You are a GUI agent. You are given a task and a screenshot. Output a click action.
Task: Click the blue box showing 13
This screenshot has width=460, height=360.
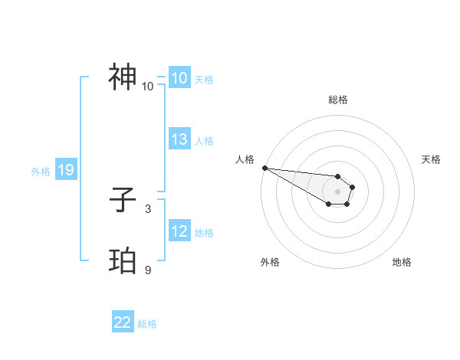(179, 139)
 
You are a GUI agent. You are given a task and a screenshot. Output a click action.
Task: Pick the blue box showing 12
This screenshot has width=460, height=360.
(179, 231)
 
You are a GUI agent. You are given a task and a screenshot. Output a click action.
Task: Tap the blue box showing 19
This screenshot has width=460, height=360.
(66, 170)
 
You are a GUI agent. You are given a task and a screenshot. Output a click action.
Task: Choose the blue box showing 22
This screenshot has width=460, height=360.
(123, 323)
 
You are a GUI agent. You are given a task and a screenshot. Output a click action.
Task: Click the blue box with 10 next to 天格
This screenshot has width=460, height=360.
(179, 78)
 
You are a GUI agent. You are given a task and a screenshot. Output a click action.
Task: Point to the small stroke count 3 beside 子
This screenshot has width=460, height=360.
(148, 208)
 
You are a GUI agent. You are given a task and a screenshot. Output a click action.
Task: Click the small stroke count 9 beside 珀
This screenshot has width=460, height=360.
(148, 270)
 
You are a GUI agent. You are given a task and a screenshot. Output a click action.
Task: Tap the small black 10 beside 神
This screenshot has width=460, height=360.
(148, 86)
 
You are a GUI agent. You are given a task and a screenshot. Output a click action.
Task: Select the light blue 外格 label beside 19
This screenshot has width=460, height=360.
(41, 172)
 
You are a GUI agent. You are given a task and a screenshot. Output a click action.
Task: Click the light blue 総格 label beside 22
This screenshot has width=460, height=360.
(147, 325)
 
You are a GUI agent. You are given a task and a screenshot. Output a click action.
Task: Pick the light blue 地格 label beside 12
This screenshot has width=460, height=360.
(204, 233)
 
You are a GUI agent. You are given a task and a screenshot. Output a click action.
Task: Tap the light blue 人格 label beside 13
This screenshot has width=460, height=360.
(204, 141)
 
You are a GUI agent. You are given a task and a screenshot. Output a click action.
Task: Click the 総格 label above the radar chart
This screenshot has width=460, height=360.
(338, 100)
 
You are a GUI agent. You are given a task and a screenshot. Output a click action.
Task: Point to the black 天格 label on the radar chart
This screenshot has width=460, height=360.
(431, 159)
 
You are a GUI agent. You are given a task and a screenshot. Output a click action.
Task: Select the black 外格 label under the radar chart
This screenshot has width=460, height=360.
(270, 262)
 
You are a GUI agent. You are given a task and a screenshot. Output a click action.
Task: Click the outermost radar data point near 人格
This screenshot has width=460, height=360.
(264, 168)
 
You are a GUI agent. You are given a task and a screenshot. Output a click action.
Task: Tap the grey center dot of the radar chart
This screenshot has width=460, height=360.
(337, 191)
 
